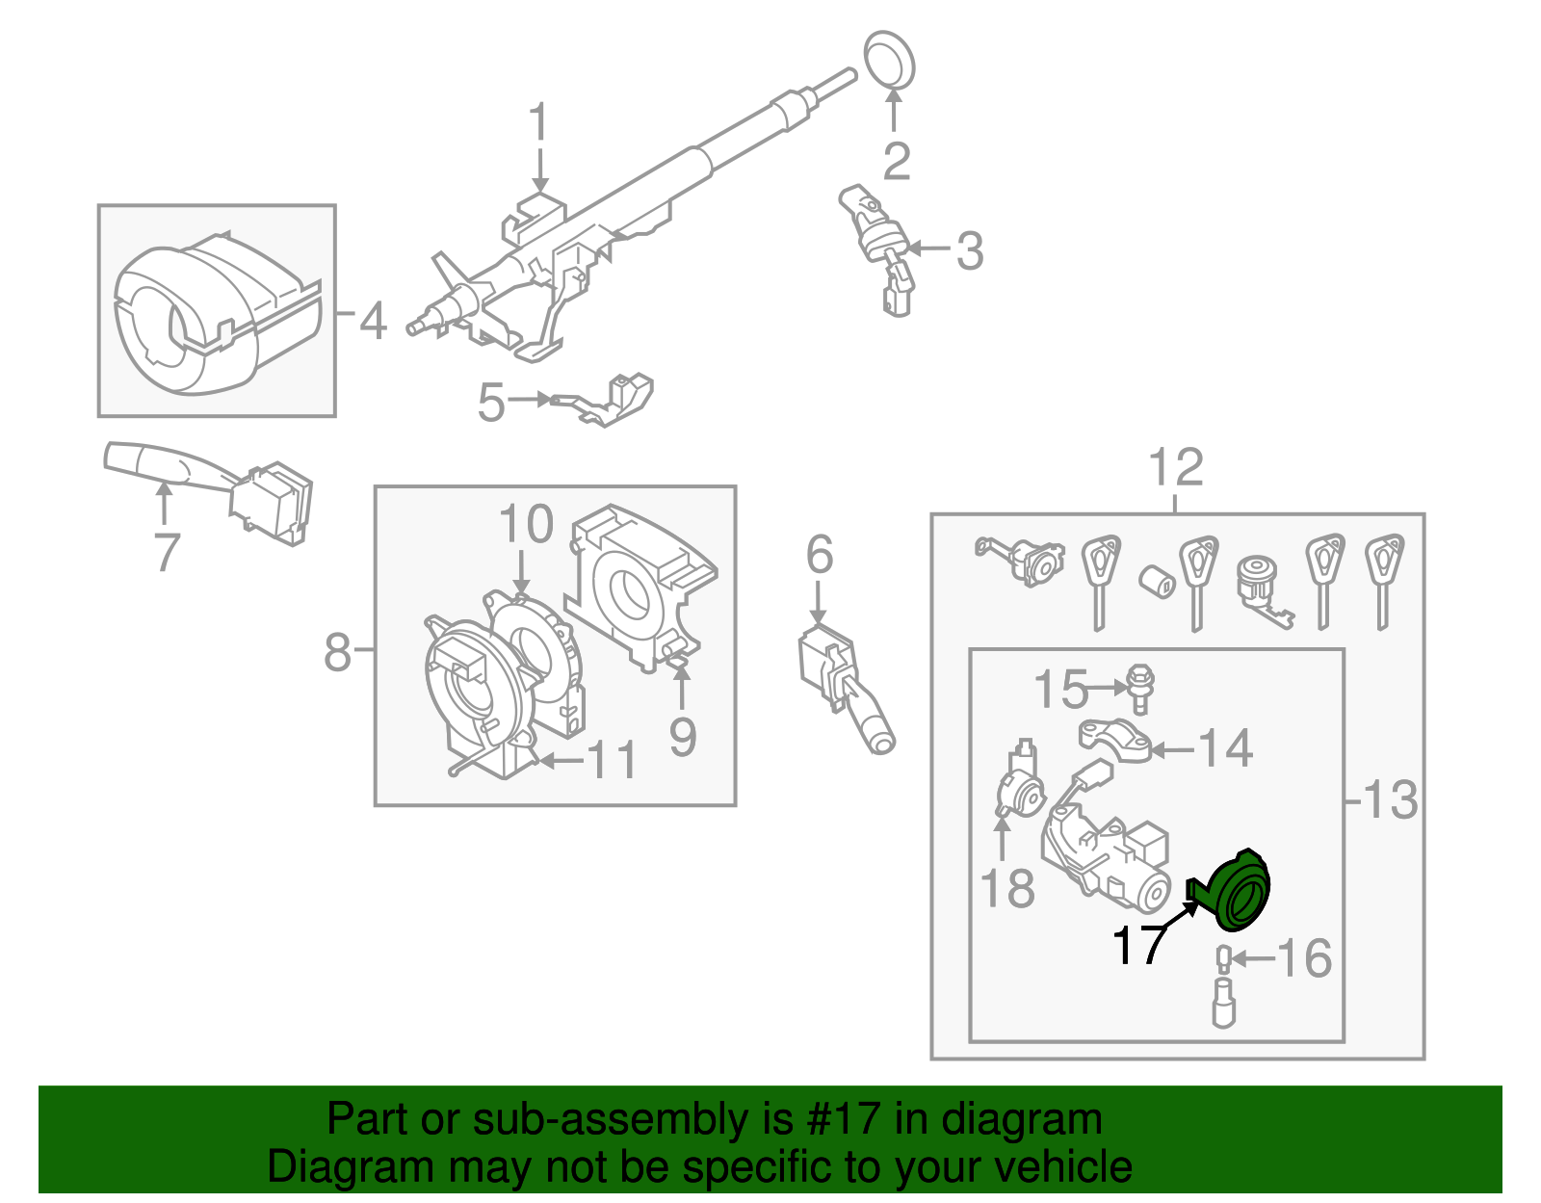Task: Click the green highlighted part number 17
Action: (x=1238, y=892)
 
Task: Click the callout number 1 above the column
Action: (x=538, y=125)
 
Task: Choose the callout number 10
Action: (x=526, y=526)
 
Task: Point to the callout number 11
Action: (x=612, y=760)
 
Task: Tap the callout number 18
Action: (x=1007, y=888)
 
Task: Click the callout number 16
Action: (x=1305, y=958)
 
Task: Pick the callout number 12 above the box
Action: (x=1176, y=468)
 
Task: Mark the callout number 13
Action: (x=1391, y=799)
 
